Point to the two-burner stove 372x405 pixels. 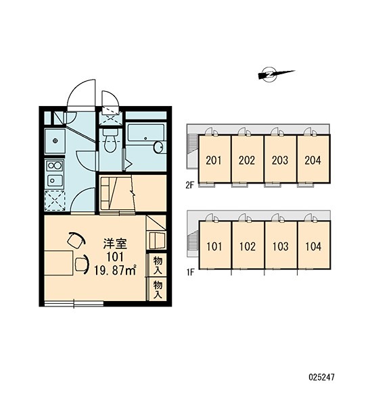coord(54,165)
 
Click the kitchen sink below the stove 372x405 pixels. coord(54,180)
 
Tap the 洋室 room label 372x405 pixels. coord(115,244)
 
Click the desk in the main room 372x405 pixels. coord(58,263)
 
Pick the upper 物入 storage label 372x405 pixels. coord(158,265)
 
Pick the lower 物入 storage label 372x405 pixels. coord(158,290)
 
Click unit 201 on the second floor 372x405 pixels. coord(214,160)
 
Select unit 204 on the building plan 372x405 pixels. coord(313,160)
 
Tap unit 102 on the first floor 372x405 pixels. coord(248,246)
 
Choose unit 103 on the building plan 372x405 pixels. coord(281,246)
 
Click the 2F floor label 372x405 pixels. coord(190,185)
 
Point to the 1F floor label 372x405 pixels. coord(190,272)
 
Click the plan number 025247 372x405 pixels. coord(321,377)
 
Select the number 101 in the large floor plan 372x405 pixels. coord(115,256)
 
